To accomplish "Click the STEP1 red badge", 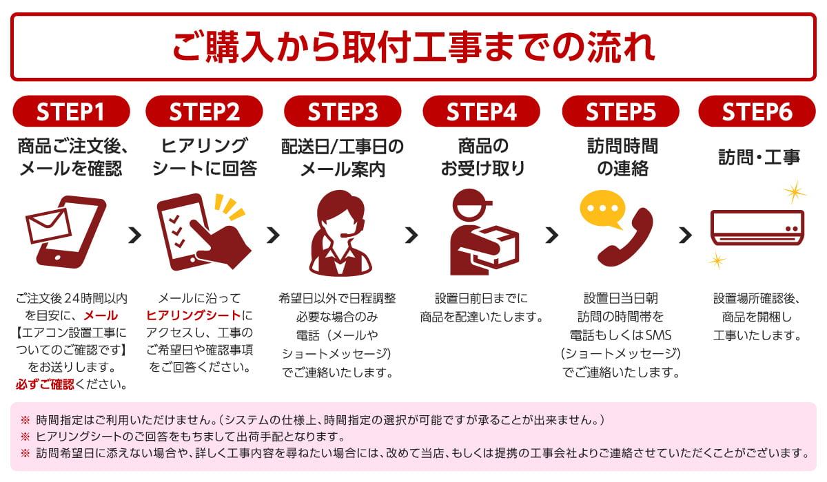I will click(x=71, y=112).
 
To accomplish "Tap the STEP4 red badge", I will click(x=481, y=112).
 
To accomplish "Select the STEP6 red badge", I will click(x=757, y=112).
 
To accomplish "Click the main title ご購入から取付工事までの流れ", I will click(x=413, y=46).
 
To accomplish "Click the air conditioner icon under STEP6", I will click(x=757, y=227).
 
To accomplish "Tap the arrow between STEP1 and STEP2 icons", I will click(x=134, y=235).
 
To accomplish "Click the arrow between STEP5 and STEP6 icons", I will click(x=685, y=235).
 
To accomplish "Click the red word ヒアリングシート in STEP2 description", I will click(x=194, y=316).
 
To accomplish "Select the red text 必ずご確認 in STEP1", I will click(x=44, y=384).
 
